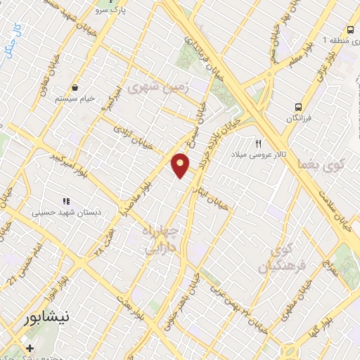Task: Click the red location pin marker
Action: pos(181,165)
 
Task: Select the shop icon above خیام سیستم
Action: pos(75,88)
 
